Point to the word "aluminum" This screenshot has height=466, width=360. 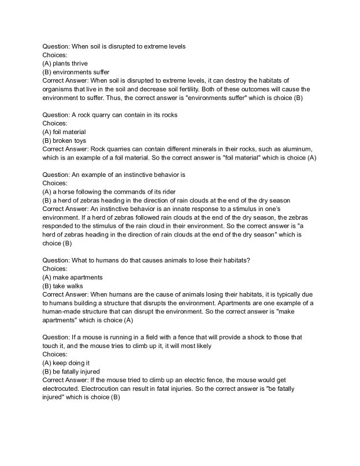(x=293, y=149)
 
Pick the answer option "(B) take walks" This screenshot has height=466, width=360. (x=63, y=286)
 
